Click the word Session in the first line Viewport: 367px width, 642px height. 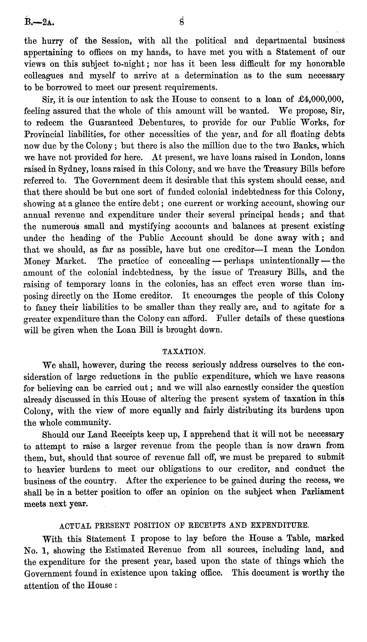pos(115,41)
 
